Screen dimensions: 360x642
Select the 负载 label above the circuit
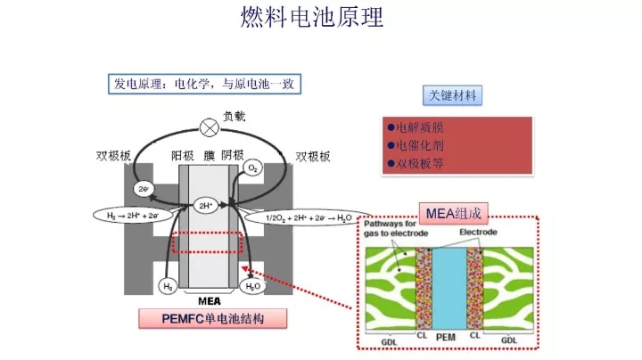(x=235, y=116)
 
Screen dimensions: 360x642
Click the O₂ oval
(x=252, y=168)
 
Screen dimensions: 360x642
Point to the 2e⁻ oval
(x=143, y=189)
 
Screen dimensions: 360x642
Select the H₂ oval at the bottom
(x=168, y=286)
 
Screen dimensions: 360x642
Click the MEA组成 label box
(x=454, y=213)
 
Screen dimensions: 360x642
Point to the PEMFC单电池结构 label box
(x=212, y=318)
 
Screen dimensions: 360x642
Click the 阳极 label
(x=184, y=156)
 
